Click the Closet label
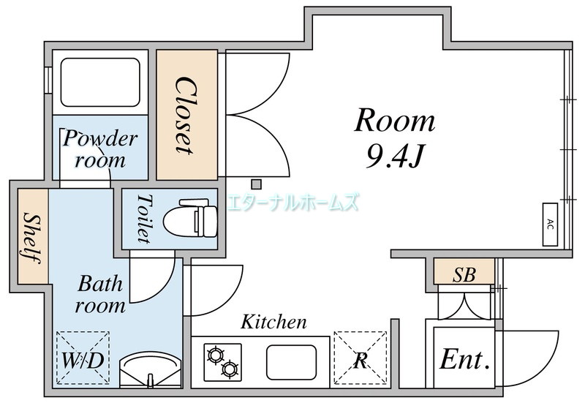tap(184, 115)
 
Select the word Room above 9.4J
tap(395, 121)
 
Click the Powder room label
tap(100, 148)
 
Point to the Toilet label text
tap(143, 219)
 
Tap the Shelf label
tap(31, 238)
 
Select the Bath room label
tap(100, 293)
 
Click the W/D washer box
tap(83, 359)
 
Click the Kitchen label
tap(274, 322)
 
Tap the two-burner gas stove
tap(223, 361)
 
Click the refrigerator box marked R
tap(360, 359)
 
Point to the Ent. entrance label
tap(464, 360)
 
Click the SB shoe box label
tap(464, 275)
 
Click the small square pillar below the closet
tap(256, 184)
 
